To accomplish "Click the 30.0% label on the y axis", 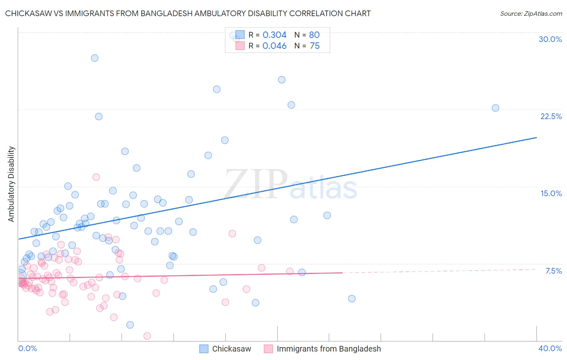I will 550,39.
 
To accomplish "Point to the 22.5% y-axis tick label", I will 551,116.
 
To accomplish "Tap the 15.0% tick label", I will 551,193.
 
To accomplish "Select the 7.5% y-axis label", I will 553,271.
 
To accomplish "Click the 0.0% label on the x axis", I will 27,348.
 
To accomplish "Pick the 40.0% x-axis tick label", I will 550,348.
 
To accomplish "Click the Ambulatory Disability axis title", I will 11,184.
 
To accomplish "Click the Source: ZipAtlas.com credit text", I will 531,13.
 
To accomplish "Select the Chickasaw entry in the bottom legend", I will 225,349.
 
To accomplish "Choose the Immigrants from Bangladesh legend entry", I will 322,349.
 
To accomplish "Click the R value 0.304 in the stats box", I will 274,35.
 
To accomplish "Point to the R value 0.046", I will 274,46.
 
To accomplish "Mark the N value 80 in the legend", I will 314,35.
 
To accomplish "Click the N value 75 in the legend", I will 315,46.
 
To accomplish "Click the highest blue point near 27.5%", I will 95,58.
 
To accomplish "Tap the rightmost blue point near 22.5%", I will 495,108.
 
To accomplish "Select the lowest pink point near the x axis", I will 147,336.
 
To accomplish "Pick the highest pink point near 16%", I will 96,177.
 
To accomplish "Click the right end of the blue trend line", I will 536,138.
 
